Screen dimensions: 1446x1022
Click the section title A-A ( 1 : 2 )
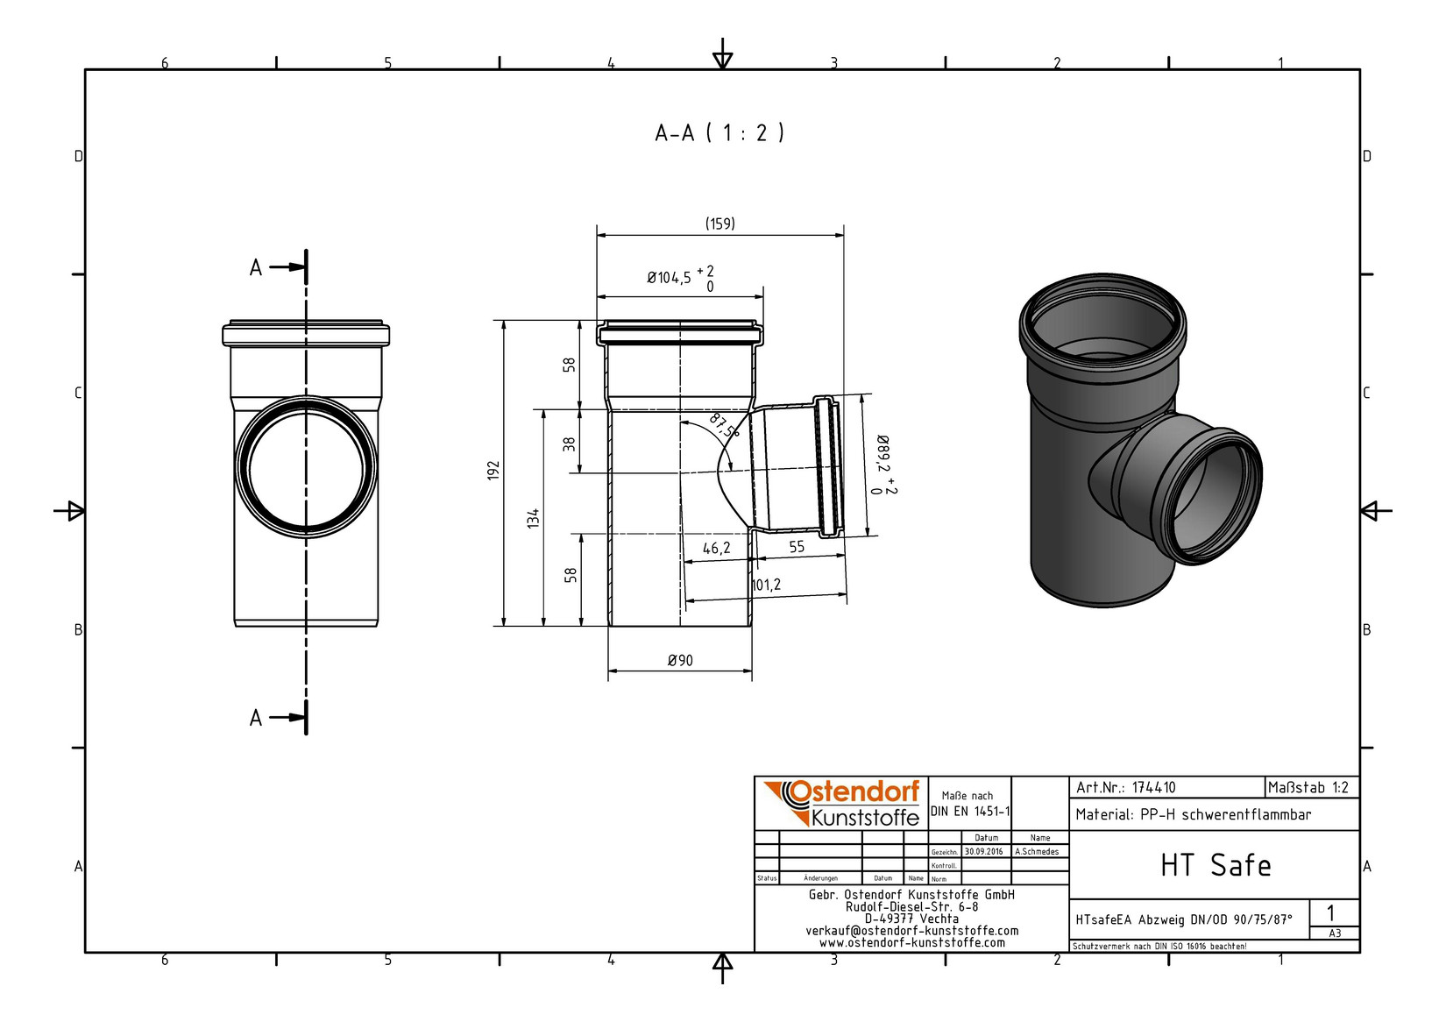point(719,133)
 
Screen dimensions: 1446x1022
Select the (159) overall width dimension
point(719,224)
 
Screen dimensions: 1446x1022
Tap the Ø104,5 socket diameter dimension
point(680,278)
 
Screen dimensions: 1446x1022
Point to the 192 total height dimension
point(493,470)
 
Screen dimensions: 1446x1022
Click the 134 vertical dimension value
point(533,518)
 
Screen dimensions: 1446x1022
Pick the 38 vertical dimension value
point(569,444)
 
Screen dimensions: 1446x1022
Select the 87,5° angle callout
point(724,426)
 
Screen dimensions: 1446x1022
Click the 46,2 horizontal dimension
point(717,548)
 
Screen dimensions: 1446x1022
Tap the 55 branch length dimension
point(797,547)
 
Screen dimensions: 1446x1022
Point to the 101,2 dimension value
point(766,585)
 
